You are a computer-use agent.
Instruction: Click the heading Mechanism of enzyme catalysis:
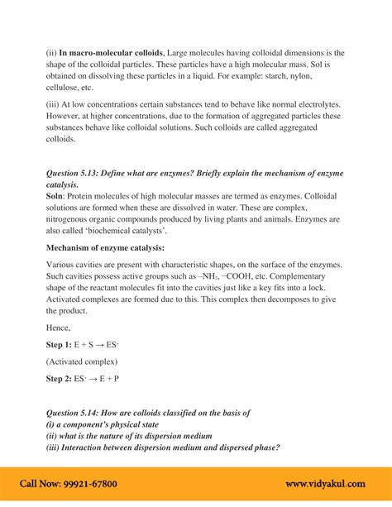[105, 247]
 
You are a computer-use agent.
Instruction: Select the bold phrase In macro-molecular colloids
[112, 52]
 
